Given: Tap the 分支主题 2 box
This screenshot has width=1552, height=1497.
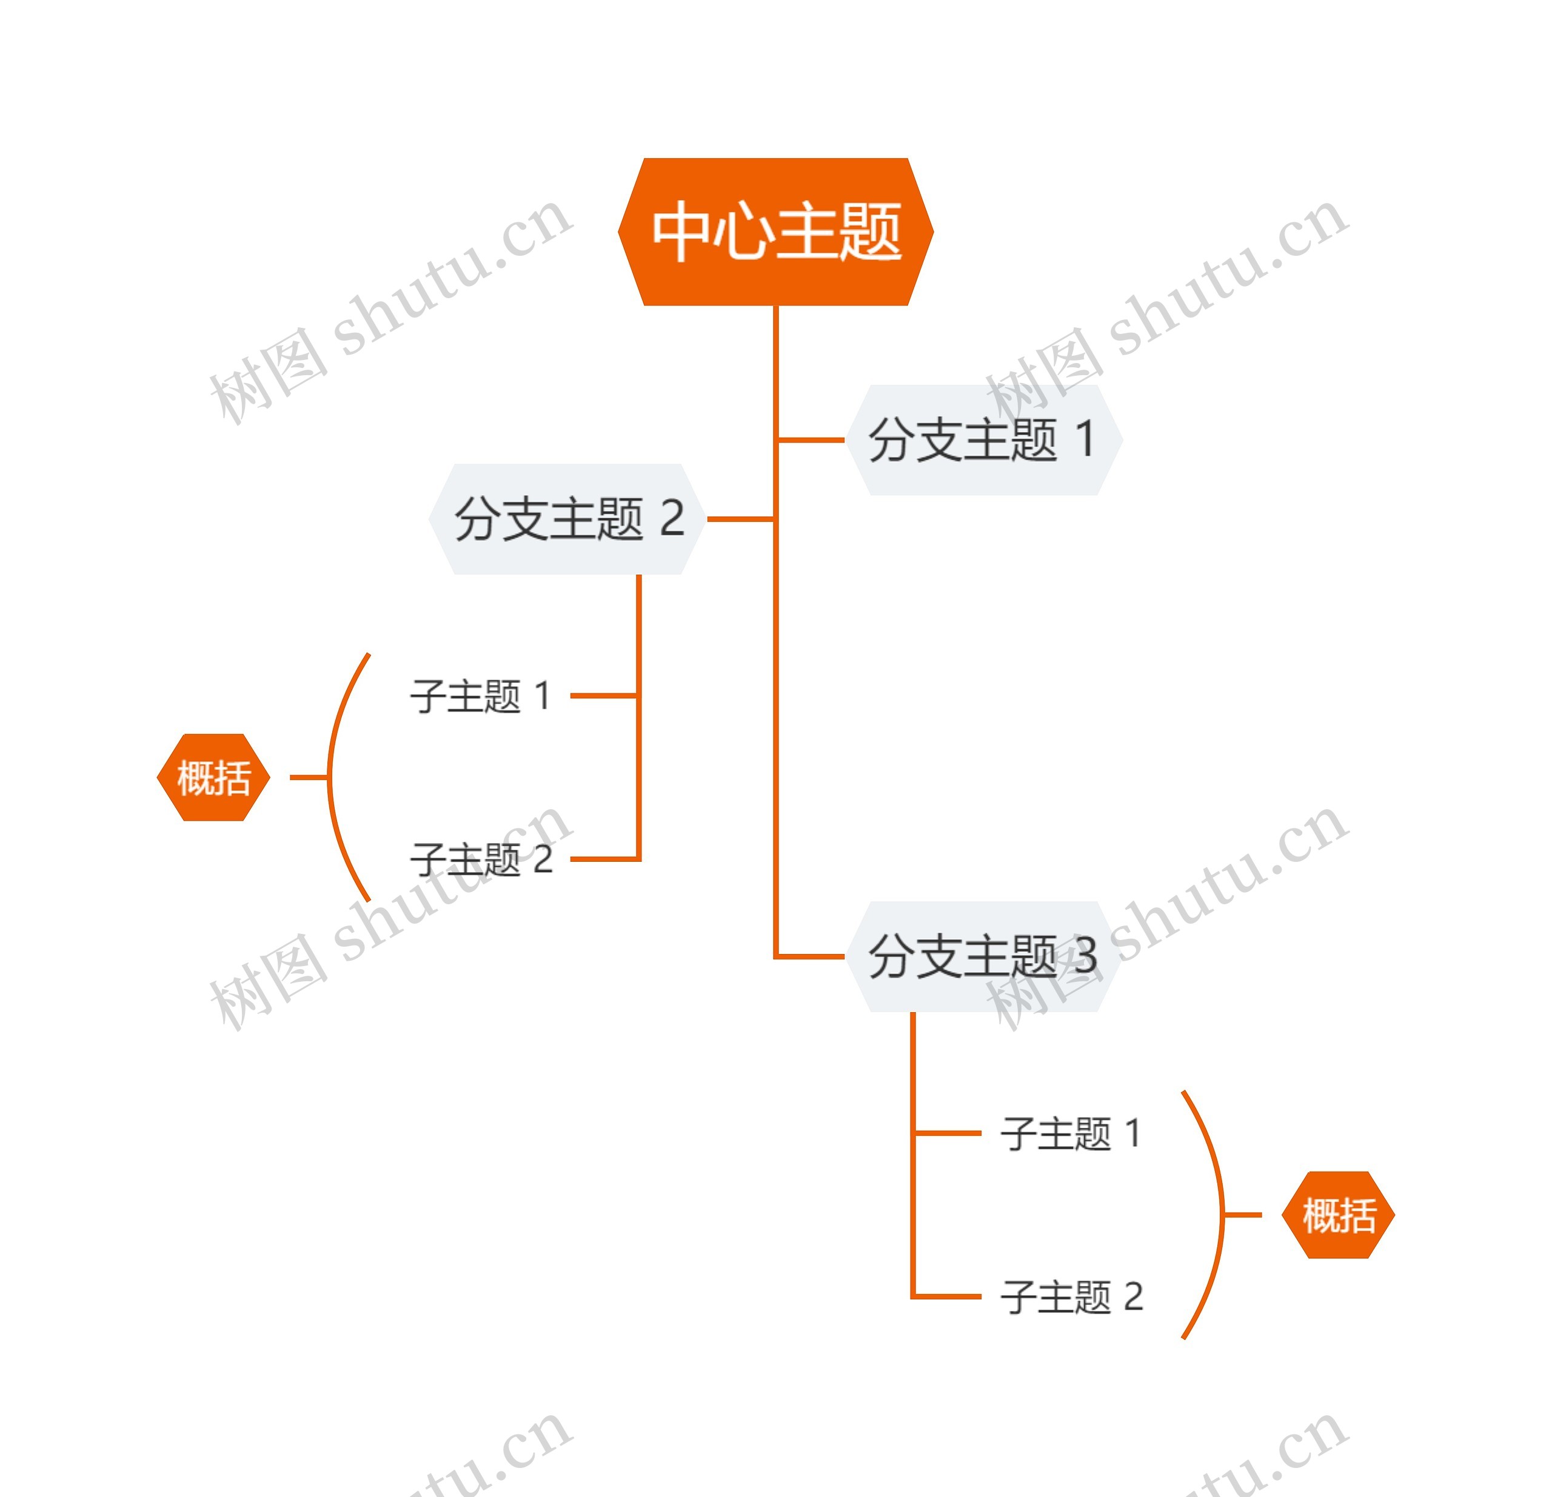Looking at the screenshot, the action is [567, 519].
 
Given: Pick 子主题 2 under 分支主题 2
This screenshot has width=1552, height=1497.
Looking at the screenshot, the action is [481, 859].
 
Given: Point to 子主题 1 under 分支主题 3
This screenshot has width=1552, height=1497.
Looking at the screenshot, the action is [1071, 1133].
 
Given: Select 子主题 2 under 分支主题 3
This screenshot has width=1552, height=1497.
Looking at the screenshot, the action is [1072, 1297].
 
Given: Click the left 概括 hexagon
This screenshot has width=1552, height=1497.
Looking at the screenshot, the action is [214, 778].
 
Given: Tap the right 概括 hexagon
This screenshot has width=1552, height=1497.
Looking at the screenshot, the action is [1338, 1215].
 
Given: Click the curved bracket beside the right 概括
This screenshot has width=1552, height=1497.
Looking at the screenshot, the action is [1223, 1215].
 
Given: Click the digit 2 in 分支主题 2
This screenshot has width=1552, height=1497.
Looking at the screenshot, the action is [672, 519].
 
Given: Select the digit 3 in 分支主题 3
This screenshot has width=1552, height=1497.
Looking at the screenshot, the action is [1085, 956].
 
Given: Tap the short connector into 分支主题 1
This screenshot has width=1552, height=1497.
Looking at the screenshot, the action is [811, 440].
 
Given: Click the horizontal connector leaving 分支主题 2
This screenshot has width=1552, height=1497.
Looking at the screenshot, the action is [740, 519].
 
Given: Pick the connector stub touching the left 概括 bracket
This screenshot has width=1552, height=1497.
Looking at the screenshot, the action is [309, 778].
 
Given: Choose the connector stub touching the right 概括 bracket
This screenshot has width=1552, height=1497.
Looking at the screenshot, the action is [1243, 1215].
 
